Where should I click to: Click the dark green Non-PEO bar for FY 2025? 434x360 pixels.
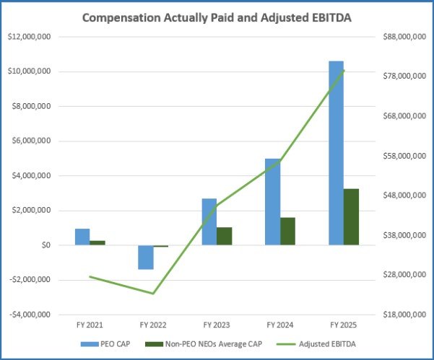tap(351, 216)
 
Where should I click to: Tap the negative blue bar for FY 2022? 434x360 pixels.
tap(146, 257)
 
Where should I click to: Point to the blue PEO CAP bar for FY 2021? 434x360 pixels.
tap(82, 237)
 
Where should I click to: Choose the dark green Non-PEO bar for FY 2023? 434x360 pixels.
tap(224, 236)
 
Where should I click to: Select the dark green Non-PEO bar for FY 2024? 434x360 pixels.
tap(287, 231)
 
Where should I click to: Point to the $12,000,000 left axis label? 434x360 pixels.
tap(27, 37)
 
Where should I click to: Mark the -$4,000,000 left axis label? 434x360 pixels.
tap(27, 315)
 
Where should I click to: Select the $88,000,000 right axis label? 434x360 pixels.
tap(402, 37)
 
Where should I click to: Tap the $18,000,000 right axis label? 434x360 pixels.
tap(402, 315)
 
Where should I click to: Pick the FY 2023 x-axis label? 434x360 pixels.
tap(217, 325)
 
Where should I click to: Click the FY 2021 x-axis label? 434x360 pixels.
tap(90, 325)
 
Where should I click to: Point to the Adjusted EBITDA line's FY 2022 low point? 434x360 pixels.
tap(153, 294)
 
